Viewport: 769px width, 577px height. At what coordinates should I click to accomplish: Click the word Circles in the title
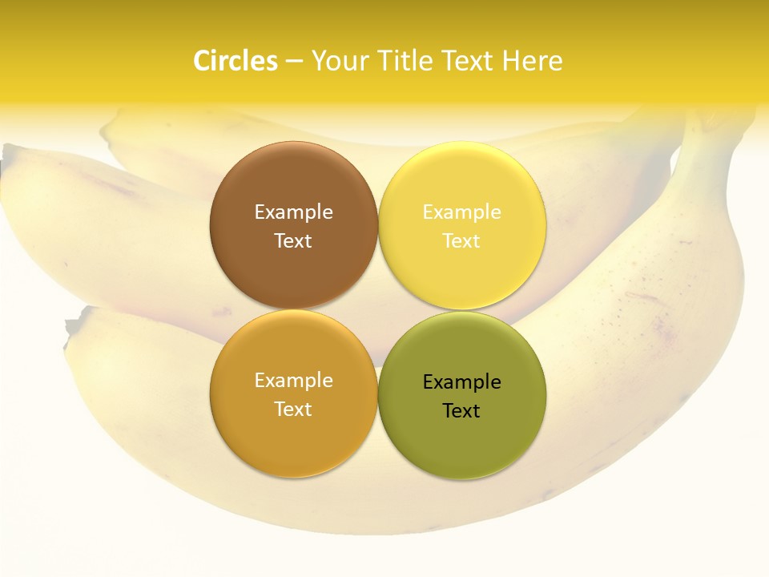click(x=236, y=61)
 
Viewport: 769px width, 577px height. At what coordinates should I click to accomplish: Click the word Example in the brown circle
click(x=293, y=212)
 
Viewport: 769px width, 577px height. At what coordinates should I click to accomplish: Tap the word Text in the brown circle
click(x=293, y=241)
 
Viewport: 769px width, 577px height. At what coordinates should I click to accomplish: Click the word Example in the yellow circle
click(x=461, y=212)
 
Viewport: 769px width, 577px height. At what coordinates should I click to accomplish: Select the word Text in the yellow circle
click(x=461, y=241)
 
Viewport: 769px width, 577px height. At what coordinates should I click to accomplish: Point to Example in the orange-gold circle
click(x=293, y=381)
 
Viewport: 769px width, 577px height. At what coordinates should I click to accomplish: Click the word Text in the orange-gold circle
click(x=293, y=410)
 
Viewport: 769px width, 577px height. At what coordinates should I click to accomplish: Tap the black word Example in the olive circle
click(x=461, y=382)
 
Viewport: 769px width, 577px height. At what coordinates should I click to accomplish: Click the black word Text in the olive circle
click(x=461, y=411)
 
